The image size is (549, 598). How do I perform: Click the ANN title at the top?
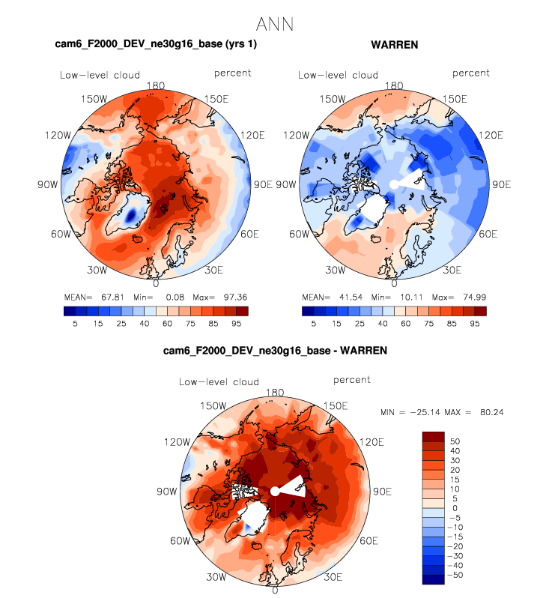point(274,24)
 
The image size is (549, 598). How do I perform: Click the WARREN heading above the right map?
point(394,45)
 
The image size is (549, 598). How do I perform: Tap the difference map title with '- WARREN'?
point(275,351)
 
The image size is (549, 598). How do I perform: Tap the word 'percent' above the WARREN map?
point(471,73)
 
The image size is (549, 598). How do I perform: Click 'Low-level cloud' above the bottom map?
point(219,382)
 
